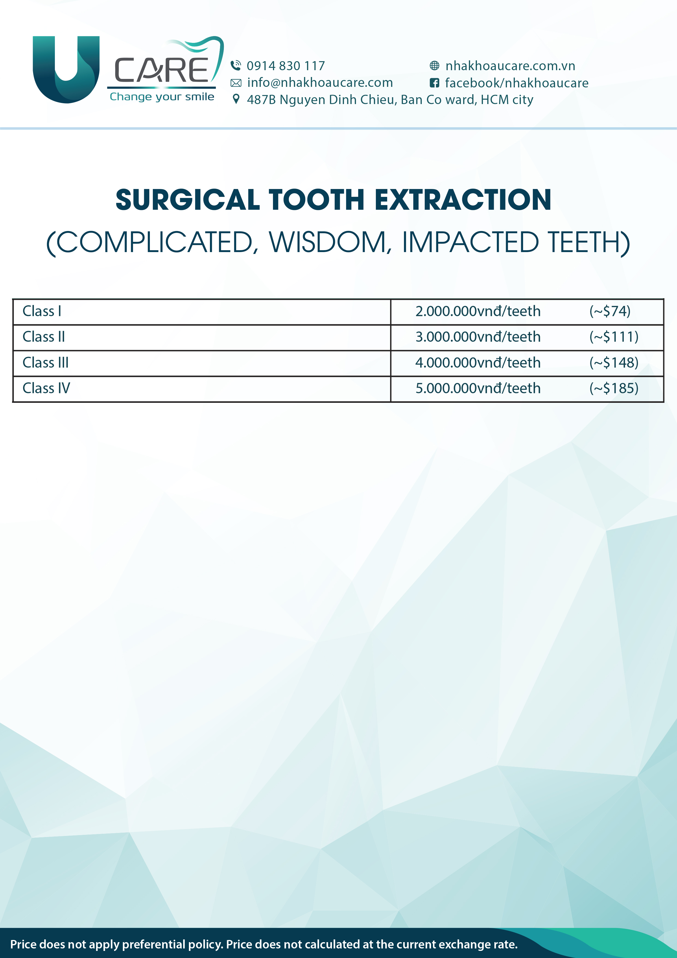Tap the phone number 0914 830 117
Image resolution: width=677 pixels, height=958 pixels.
click(x=286, y=66)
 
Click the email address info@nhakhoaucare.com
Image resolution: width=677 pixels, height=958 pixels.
click(x=320, y=83)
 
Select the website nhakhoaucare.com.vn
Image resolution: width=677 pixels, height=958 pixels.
click(x=510, y=66)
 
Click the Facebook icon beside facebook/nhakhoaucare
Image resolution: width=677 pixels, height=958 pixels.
click(x=434, y=83)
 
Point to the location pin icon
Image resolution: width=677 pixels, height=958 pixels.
click(x=236, y=99)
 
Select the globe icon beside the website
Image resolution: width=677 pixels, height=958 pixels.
click(x=434, y=66)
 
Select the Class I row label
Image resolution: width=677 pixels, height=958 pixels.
click(x=42, y=311)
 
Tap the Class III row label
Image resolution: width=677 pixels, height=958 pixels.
click(x=46, y=363)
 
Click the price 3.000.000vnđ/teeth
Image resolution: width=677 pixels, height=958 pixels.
click(x=478, y=337)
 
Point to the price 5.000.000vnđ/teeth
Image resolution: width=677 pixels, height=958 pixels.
click(x=478, y=388)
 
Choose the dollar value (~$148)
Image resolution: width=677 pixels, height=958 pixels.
click(x=614, y=363)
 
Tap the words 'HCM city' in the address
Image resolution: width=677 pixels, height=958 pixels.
click(x=507, y=100)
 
